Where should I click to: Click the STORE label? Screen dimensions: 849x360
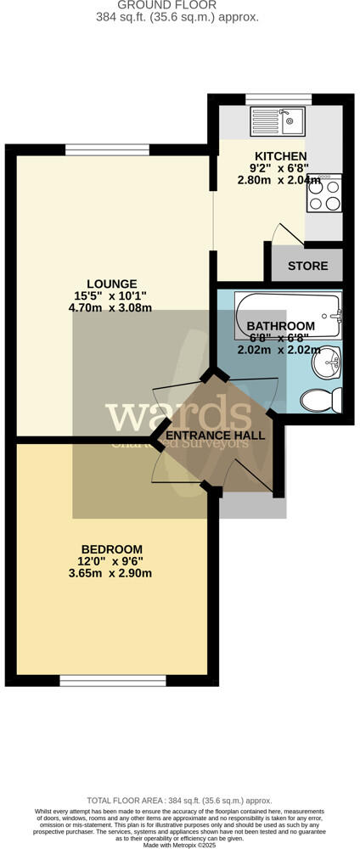[x=307, y=266]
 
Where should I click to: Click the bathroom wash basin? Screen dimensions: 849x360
[x=326, y=366]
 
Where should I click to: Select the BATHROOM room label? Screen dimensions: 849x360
[x=280, y=326]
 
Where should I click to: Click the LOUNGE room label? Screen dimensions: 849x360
[x=111, y=284]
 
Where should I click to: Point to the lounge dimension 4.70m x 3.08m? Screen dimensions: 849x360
[x=111, y=307]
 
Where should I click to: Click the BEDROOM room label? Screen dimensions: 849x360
[x=111, y=549]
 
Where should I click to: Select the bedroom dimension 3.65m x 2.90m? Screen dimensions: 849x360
[x=111, y=573]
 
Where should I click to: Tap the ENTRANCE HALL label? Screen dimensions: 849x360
[x=214, y=436]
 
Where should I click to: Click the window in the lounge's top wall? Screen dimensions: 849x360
[x=110, y=150]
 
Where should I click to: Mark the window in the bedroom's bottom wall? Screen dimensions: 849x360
[x=113, y=680]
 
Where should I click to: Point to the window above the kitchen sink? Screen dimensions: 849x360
[x=278, y=99]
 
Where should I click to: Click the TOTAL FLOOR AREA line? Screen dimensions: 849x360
[x=179, y=801]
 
